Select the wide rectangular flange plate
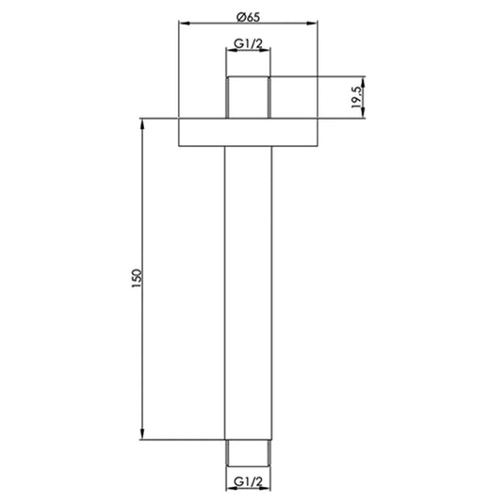point(249,131)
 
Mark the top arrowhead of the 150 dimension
point(144,122)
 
